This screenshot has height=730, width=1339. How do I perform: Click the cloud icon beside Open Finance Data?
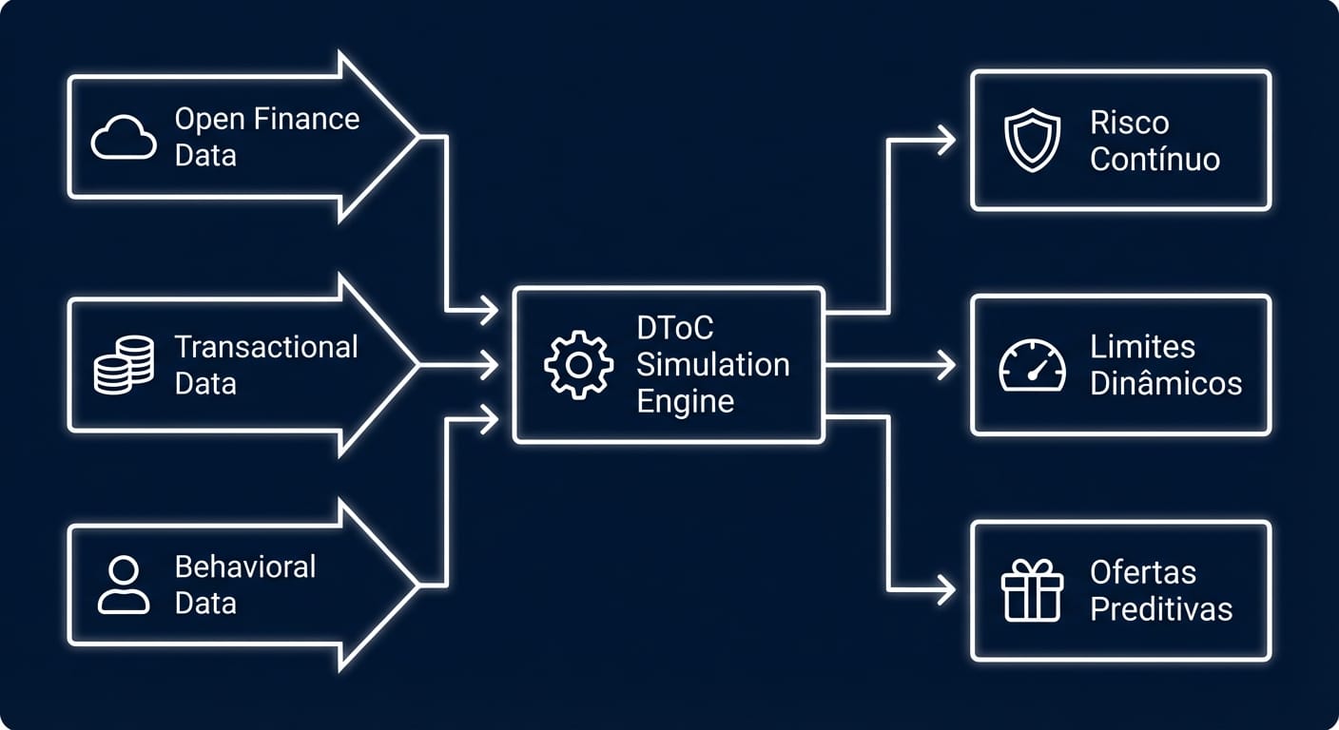124,138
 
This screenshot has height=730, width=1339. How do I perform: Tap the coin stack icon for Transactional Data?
124,365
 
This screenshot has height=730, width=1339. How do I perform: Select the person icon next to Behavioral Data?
124,585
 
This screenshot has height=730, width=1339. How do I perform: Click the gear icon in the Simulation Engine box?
578,365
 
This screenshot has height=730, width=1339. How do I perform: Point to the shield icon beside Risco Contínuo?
1032,140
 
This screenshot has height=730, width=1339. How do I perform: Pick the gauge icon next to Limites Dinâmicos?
1032,366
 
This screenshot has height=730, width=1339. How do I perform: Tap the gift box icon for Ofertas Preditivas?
1032,590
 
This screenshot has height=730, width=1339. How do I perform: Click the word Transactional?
266,347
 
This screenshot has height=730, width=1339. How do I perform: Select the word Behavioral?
245,567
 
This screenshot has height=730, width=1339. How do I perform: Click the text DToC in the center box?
675,328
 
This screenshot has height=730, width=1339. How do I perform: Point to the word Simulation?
712,365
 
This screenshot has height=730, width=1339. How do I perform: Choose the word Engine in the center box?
685,402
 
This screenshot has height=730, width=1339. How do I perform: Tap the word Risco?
1130,123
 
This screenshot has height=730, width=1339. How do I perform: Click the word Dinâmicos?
1166,383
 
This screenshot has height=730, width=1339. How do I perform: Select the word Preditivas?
1161,608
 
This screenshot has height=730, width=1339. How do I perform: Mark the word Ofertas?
1143,572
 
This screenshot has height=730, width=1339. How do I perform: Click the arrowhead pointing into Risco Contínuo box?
946,140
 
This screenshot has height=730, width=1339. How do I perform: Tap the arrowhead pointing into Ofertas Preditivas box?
946,589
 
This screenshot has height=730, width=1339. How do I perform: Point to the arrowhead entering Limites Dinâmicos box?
946,365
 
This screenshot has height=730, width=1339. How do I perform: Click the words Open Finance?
267,120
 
